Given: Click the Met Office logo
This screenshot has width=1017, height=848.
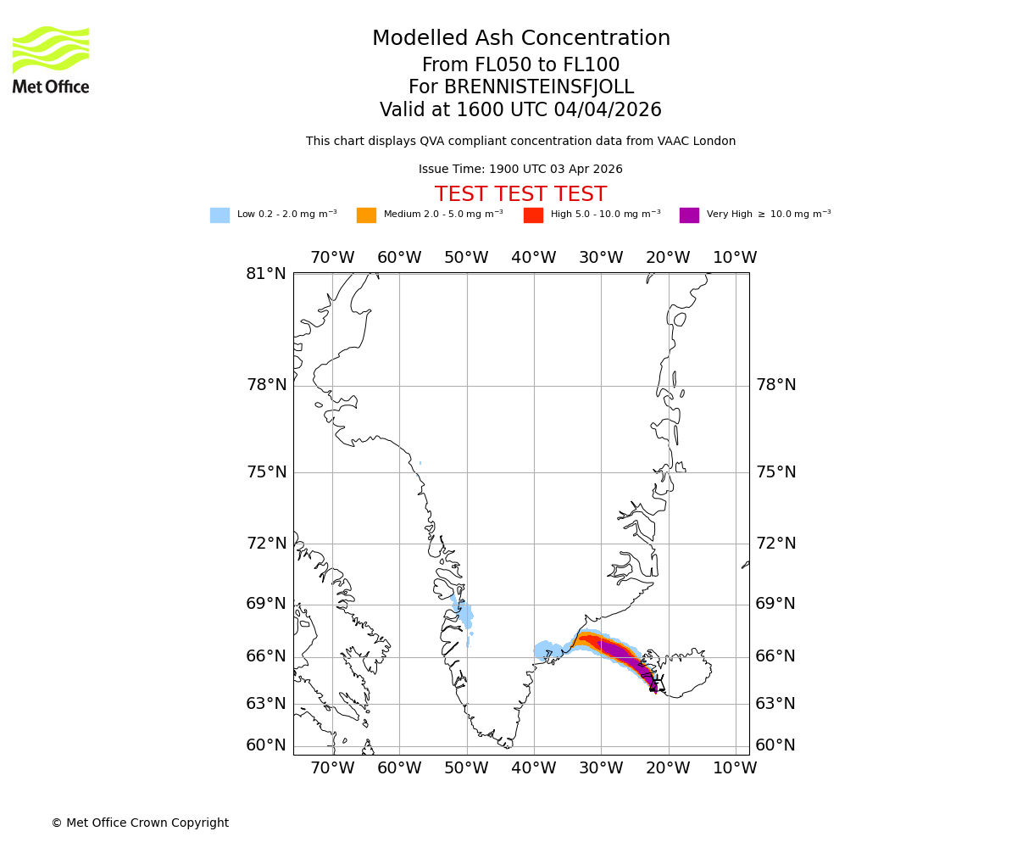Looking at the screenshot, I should tap(51, 59).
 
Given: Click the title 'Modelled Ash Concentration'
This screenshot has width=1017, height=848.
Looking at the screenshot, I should tap(520, 39).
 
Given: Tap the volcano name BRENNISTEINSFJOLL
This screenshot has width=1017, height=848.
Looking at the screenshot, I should tap(520, 87).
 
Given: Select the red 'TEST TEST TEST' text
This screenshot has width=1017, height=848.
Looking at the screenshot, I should tap(520, 194).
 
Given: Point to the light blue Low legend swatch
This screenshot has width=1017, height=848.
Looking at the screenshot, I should tap(220, 215).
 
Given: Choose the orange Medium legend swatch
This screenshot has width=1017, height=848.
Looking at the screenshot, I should tap(366, 215).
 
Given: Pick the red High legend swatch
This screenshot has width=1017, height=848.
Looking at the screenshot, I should tap(533, 215).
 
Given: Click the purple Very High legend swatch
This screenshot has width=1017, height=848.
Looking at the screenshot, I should tap(689, 215).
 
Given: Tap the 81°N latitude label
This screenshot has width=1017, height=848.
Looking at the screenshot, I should tap(266, 274).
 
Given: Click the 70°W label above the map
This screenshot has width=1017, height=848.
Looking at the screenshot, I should tap(332, 258).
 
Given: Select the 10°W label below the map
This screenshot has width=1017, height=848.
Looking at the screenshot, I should tap(735, 768).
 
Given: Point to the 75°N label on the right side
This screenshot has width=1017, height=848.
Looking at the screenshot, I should tap(775, 472).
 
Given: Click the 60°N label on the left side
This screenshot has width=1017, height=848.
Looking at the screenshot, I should tap(266, 745).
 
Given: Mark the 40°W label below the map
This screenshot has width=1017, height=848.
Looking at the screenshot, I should tap(533, 768).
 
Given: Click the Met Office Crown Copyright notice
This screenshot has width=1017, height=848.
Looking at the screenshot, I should tap(140, 823).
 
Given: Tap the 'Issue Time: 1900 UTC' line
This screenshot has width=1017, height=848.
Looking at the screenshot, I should tap(520, 170).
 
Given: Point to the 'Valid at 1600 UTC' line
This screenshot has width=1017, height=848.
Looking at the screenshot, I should tap(520, 110).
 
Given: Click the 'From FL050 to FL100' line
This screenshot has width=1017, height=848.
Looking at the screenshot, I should tap(520, 65).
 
